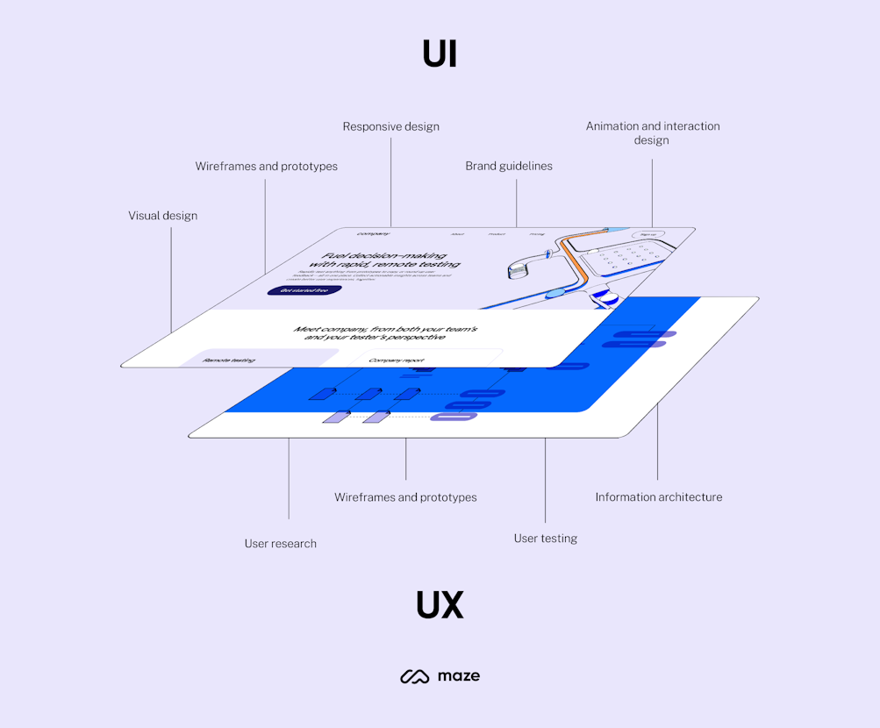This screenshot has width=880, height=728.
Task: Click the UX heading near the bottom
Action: (x=440, y=605)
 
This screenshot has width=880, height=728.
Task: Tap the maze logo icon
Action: (x=414, y=676)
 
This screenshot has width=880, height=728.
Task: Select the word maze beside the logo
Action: (x=458, y=676)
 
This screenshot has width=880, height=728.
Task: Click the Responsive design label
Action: (x=390, y=126)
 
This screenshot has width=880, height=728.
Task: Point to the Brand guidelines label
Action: (x=509, y=166)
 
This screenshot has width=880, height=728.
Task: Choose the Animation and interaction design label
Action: (x=652, y=132)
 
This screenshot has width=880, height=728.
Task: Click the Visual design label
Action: (x=163, y=216)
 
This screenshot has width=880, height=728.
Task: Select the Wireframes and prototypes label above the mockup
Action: (x=266, y=166)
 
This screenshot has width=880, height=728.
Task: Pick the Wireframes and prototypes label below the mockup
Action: (x=405, y=497)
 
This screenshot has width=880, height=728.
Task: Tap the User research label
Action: (x=280, y=544)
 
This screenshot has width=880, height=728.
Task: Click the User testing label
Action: (x=545, y=539)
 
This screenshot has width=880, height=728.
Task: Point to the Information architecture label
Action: (x=658, y=497)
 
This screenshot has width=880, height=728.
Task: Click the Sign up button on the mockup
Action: (x=648, y=235)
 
